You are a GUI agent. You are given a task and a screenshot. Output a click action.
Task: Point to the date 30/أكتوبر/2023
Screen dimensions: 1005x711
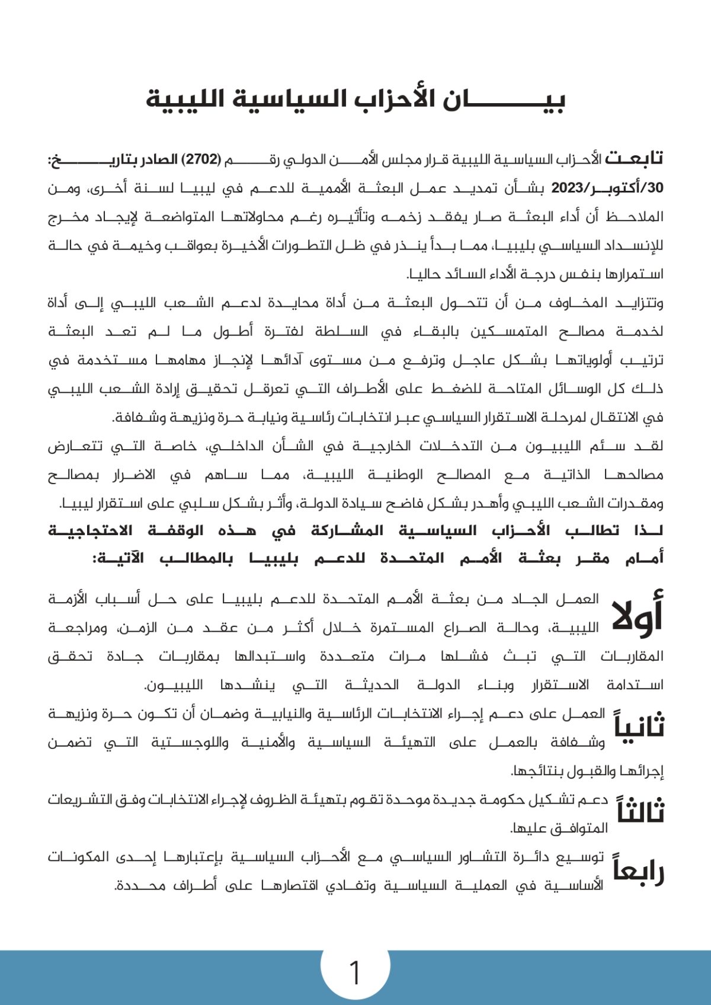(607, 188)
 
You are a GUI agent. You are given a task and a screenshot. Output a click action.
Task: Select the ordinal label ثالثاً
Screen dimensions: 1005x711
(640, 810)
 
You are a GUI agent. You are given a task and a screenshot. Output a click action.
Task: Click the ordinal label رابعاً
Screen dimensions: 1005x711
(639, 870)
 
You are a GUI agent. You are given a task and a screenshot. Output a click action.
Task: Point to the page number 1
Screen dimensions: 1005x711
(355, 973)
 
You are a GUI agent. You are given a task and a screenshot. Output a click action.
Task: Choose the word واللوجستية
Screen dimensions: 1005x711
(190, 742)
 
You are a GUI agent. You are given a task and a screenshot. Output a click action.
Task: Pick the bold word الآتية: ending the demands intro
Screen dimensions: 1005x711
(118, 559)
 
